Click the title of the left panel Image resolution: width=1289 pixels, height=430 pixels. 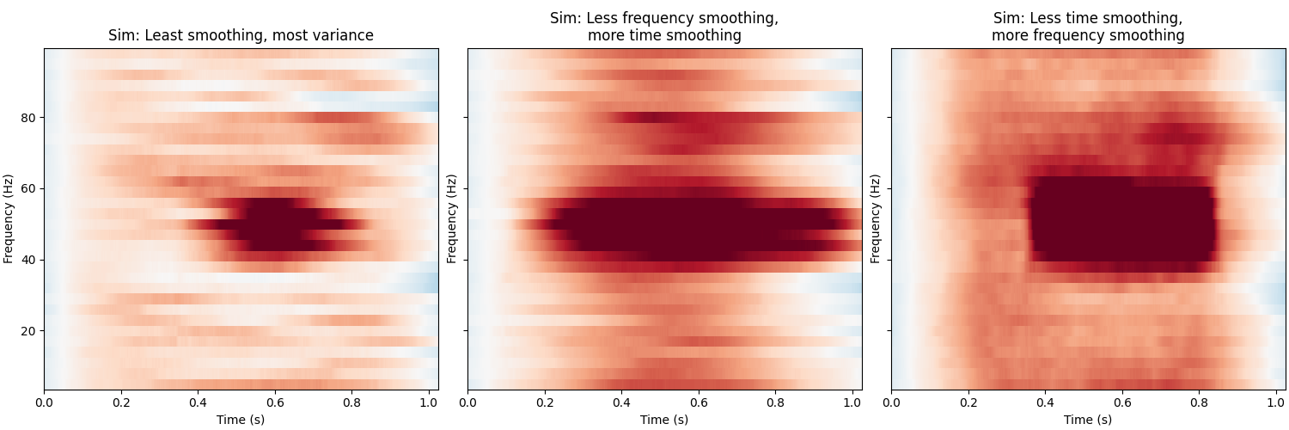(241, 35)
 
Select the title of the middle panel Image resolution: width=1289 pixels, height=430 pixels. (664, 27)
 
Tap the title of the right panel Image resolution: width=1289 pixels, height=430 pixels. (1088, 27)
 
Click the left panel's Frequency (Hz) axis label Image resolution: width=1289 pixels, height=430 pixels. (9, 218)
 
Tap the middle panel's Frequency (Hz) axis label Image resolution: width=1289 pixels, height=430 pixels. (452, 218)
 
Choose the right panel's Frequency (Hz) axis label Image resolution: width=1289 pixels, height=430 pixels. (876, 218)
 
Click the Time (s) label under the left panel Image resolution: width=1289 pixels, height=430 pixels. (241, 420)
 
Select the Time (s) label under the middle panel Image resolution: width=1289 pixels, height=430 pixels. (664, 420)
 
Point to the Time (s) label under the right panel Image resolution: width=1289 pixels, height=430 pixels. (1088, 420)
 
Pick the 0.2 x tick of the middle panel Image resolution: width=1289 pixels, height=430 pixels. (545, 402)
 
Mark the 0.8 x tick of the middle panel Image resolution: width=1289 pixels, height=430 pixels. (775, 402)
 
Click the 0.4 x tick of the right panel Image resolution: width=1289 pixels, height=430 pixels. (1045, 402)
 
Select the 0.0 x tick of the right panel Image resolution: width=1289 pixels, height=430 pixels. (891, 402)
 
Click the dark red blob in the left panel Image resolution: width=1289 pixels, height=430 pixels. (275, 225)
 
